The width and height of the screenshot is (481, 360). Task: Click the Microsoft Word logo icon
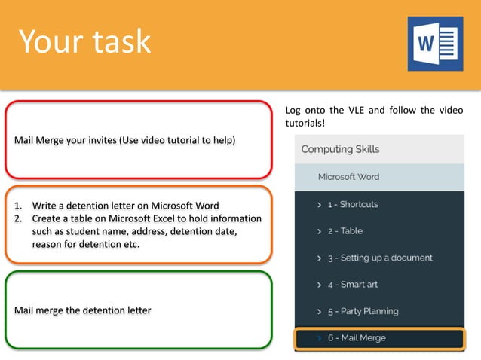click(435, 44)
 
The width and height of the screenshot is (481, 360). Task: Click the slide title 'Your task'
click(84, 42)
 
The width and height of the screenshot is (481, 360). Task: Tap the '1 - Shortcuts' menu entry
click(352, 204)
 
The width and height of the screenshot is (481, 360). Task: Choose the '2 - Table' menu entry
click(345, 231)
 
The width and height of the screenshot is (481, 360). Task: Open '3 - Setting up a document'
click(379, 258)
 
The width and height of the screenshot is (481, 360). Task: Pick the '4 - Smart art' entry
click(352, 285)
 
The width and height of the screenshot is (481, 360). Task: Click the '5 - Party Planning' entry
click(363, 311)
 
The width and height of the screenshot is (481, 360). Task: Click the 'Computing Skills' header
click(340, 149)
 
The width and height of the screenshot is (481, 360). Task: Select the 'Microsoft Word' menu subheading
click(348, 177)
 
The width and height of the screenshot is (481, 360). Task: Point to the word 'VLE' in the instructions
click(360, 111)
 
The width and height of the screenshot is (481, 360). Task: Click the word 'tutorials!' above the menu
click(305, 123)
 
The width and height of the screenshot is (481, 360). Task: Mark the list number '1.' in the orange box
click(19, 206)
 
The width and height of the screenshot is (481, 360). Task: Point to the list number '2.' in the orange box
click(19, 218)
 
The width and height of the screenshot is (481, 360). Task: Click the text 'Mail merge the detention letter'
click(82, 310)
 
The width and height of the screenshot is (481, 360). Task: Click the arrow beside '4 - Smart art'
click(319, 285)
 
